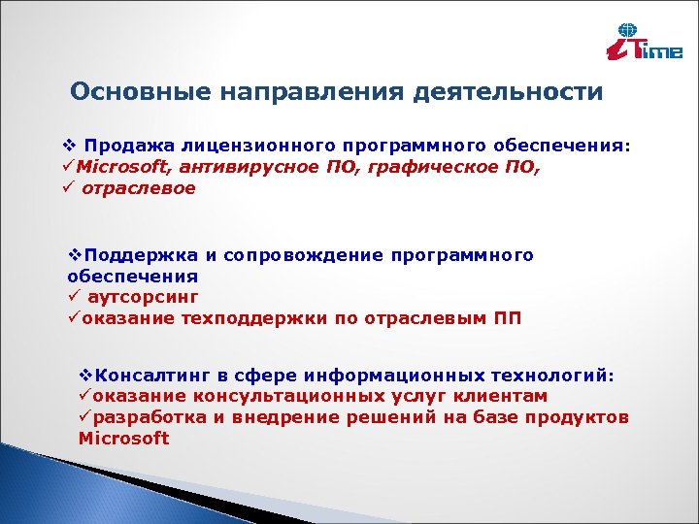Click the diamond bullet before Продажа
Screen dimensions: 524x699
(67, 146)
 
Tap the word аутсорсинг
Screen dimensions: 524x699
(142, 298)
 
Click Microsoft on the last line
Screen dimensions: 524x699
(123, 439)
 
